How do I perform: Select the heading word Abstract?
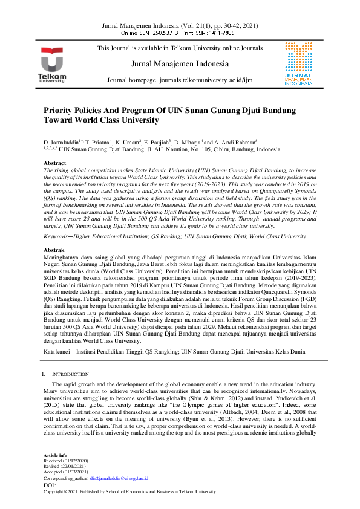point(55,163)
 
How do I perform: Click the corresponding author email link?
point(119,478)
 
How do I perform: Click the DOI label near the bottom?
point(50,485)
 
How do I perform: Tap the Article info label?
point(54,455)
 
